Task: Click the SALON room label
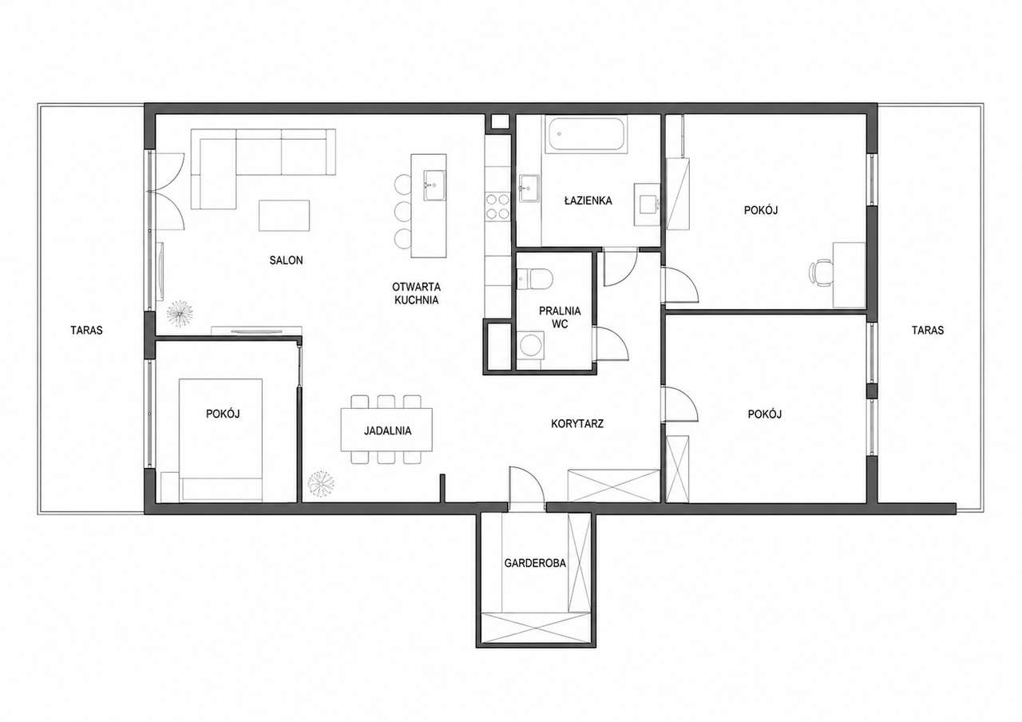286,260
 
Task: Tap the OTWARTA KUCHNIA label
416,293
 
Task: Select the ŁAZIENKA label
588,200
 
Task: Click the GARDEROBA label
535,563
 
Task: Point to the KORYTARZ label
577,424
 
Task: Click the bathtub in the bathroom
586,133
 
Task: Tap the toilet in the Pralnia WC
535,279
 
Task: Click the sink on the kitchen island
434,185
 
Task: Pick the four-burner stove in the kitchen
497,207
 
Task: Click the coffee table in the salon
284,216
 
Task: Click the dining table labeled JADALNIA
386,430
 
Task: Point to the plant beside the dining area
321,483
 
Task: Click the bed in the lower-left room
221,440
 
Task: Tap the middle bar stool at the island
403,212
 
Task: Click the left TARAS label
86,330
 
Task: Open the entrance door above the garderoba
527,486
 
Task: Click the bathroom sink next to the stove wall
529,188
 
